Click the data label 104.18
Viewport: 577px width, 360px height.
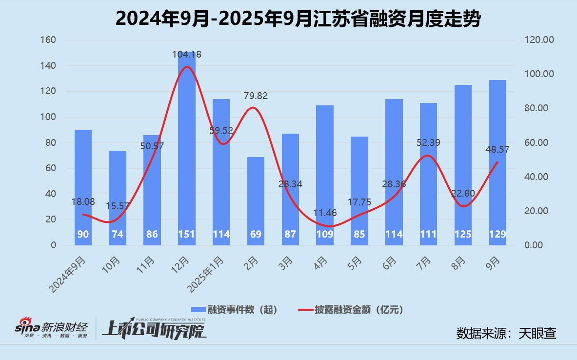pyautogui.click(x=186, y=55)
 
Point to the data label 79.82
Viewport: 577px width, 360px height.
pyautogui.click(x=256, y=96)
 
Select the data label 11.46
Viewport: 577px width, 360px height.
pyautogui.click(x=325, y=212)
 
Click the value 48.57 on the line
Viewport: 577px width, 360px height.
pyautogui.click(x=497, y=150)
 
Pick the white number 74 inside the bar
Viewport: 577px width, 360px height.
pyautogui.click(x=118, y=234)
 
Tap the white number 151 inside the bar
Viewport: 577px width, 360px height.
pyautogui.click(x=186, y=234)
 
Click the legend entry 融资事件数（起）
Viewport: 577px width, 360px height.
pyautogui.click(x=234, y=309)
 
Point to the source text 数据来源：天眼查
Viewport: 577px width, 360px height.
pyautogui.click(x=506, y=333)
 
